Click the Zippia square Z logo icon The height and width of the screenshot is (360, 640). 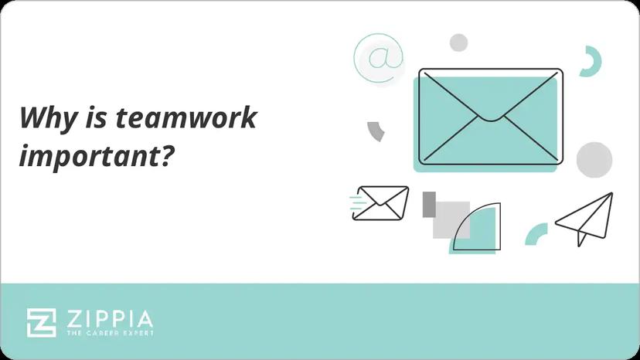pyautogui.click(x=41, y=322)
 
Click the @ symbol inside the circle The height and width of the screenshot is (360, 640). pyautogui.click(x=379, y=58)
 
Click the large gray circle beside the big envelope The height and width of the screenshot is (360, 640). pyautogui.click(x=594, y=158)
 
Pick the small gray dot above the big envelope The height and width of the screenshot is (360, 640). pyautogui.click(x=458, y=42)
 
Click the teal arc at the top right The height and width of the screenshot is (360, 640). pyautogui.click(x=594, y=62)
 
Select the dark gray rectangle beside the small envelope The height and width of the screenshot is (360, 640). pyautogui.click(x=428, y=204)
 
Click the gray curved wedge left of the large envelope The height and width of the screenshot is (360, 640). pyautogui.click(x=376, y=131)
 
